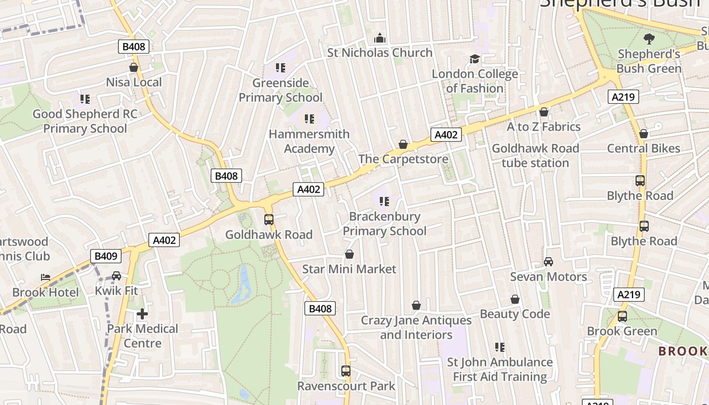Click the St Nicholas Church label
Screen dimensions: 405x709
point(380,53)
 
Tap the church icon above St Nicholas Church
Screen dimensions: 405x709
point(380,38)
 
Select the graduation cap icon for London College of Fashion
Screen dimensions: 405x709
point(475,59)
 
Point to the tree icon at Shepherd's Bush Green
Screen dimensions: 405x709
point(649,38)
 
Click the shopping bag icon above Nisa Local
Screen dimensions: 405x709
point(134,67)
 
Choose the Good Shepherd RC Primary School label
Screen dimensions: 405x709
point(85,121)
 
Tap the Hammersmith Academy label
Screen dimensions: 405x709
point(309,141)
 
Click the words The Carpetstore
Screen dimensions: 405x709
point(403,159)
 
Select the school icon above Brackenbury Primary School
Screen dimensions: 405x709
point(384,202)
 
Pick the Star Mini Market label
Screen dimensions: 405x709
point(349,269)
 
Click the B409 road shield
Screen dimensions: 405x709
point(106,256)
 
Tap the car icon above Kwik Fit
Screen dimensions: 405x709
point(116,276)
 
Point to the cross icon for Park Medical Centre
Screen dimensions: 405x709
point(142,314)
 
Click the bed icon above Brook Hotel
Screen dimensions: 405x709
point(46,277)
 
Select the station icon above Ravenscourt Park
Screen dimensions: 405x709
point(346,371)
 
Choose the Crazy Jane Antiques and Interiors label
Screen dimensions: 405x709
point(416,328)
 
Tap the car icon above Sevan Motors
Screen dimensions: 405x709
point(548,262)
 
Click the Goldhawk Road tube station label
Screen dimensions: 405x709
point(535,155)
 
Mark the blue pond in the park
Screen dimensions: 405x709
point(243,286)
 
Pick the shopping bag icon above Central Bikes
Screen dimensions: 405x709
point(644,134)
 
